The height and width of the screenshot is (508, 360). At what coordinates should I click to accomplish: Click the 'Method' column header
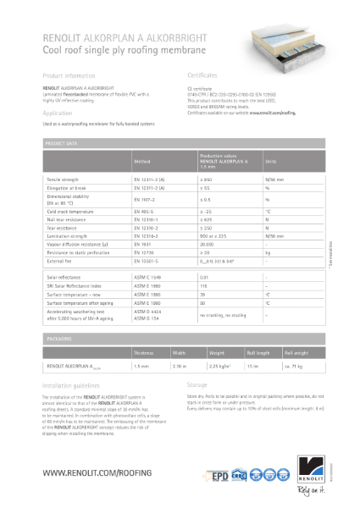pos(142,160)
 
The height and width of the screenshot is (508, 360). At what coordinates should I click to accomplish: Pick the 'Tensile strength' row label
pos(66,179)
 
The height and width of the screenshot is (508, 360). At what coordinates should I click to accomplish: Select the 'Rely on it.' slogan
pos(325,489)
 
